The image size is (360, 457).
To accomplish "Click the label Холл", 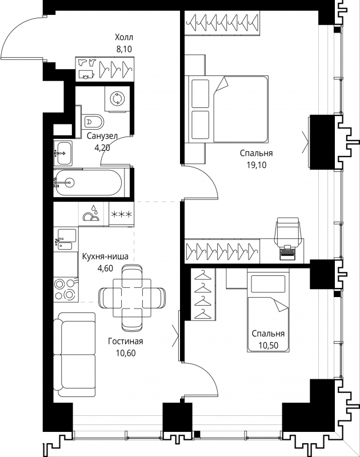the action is tap(124, 37).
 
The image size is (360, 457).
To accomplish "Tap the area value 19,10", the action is tap(257, 165).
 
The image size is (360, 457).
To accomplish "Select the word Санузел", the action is tap(102, 136).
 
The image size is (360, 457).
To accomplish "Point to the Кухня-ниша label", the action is tap(105, 256).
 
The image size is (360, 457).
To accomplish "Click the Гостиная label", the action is tap(126, 341).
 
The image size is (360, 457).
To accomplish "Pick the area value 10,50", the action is tap(268, 346).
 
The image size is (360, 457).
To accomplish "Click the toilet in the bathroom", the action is tap(93, 121).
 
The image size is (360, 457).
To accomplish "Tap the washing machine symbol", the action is tap(118, 98).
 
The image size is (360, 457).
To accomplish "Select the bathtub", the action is tap(89, 183).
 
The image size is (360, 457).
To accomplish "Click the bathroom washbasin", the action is tap(63, 153).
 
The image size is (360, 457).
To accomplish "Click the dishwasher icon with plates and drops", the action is tap(91, 214).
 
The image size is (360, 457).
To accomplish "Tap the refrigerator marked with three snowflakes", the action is tap(122, 214).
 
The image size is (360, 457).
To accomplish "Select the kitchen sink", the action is tap(66, 239).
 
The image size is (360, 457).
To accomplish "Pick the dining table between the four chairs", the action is tap(132, 298).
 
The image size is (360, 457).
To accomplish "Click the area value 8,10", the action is tap(124, 49).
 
